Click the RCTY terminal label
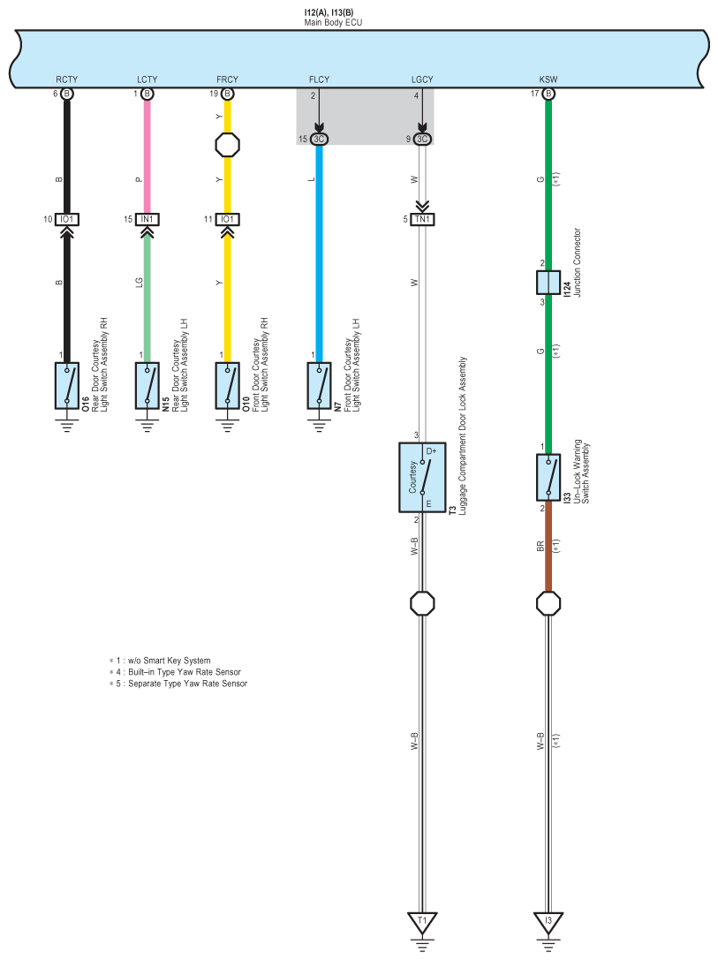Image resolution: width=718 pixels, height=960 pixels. pyautogui.click(x=67, y=79)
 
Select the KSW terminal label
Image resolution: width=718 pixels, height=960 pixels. pyautogui.click(x=548, y=79)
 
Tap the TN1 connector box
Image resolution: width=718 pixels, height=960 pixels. pyautogui.click(x=422, y=219)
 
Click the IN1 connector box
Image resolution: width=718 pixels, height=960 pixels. pyautogui.click(x=147, y=219)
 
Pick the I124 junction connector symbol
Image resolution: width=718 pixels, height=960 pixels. pyautogui.click(x=548, y=283)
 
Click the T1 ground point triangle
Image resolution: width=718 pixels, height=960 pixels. pyautogui.click(x=422, y=922)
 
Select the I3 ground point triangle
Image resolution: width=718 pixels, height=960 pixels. pyautogui.click(x=548, y=922)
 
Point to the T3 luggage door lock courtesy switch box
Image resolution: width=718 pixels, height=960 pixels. pyautogui.click(x=422, y=478)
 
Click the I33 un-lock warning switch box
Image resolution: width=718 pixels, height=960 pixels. pyautogui.click(x=548, y=478)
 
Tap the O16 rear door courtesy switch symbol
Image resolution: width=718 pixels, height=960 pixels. pyautogui.click(x=67, y=386)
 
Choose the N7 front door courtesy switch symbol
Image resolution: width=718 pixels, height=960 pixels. pyautogui.click(x=319, y=386)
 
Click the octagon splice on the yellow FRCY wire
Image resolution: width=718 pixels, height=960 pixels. pyautogui.click(x=227, y=145)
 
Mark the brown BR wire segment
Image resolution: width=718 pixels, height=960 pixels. pyautogui.click(x=548, y=547)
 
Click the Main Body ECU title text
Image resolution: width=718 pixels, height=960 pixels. pyautogui.click(x=334, y=23)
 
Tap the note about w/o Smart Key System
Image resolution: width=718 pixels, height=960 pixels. pyautogui.click(x=160, y=661)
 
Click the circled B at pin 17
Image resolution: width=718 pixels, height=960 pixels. pyautogui.click(x=548, y=94)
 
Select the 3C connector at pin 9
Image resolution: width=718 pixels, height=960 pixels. pyautogui.click(x=422, y=139)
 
